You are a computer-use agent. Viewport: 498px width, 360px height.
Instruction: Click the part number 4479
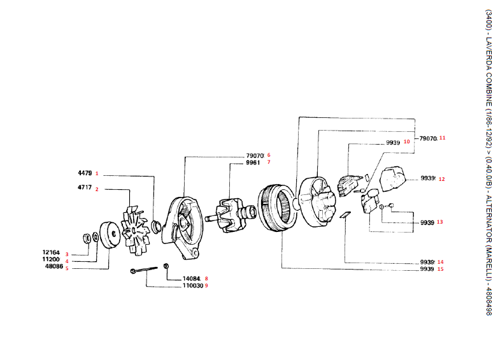click(x=85, y=173)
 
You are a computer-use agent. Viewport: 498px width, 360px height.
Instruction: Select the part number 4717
click(x=85, y=189)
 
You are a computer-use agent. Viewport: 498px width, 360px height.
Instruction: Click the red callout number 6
click(x=269, y=155)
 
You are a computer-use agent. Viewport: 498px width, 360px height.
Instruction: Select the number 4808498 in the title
click(x=488, y=298)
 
